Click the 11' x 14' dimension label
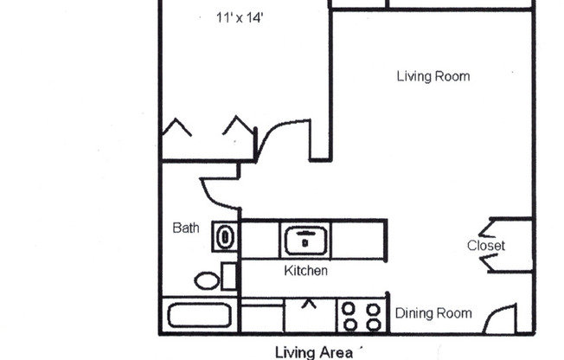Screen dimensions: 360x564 (x=240, y=16)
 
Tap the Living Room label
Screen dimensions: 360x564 (x=433, y=76)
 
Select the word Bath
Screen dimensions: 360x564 (x=186, y=228)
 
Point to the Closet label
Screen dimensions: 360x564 (x=485, y=246)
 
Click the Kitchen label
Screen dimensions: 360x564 (x=306, y=271)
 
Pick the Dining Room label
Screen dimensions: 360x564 (x=433, y=313)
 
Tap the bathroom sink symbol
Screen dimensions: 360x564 (x=225, y=236)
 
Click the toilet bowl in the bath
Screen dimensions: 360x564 (x=208, y=280)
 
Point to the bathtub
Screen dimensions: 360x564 (x=199, y=314)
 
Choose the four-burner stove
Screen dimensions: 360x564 (x=362, y=316)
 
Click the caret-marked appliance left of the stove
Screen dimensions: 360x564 (x=309, y=315)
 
